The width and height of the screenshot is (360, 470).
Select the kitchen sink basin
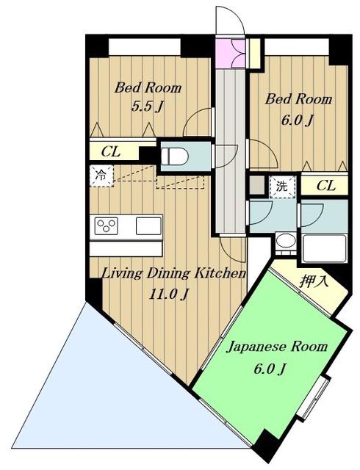pos(148,226)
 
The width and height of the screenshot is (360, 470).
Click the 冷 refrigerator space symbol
pos(101,176)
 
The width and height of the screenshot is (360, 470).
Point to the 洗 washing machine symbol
pos(282,187)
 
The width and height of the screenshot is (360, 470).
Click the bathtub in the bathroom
pos(325,248)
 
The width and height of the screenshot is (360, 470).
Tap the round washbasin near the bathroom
pos(286,242)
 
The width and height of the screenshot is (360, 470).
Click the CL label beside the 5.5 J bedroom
pos(111,152)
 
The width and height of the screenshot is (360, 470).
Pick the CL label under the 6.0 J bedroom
pos(325,186)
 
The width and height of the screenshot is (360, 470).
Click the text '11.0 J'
pos(169,295)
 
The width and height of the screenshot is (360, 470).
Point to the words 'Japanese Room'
pos(278,347)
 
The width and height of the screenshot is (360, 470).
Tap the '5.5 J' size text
pos(147,106)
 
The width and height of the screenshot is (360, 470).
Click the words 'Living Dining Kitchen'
pos(174,273)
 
